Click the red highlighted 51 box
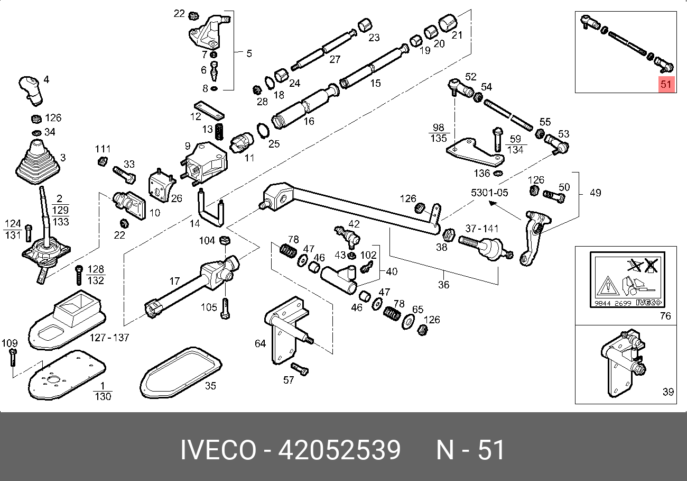click(666, 84)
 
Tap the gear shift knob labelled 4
click(31, 89)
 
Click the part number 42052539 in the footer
click(339, 450)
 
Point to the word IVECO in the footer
click(217, 450)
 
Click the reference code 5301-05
click(489, 193)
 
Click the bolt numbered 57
click(299, 369)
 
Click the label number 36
click(443, 285)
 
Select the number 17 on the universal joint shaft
click(175, 282)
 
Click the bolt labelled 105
click(226, 308)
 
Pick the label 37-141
click(481, 229)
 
